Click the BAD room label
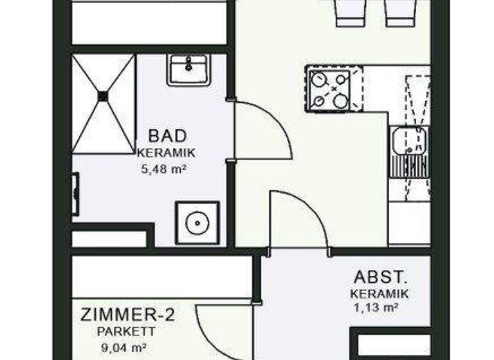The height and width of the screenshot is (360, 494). [167, 136]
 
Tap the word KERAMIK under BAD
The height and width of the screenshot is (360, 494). [166, 153]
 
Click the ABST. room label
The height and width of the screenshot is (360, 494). [380, 278]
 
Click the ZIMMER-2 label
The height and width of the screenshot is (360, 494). [127, 315]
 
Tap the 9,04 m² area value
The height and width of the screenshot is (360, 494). [122, 348]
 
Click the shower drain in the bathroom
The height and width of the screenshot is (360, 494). [103, 96]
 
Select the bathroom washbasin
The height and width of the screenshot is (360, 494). [188, 69]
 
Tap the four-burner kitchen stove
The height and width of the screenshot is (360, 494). [329, 89]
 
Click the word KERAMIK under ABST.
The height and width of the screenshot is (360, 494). [380, 294]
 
